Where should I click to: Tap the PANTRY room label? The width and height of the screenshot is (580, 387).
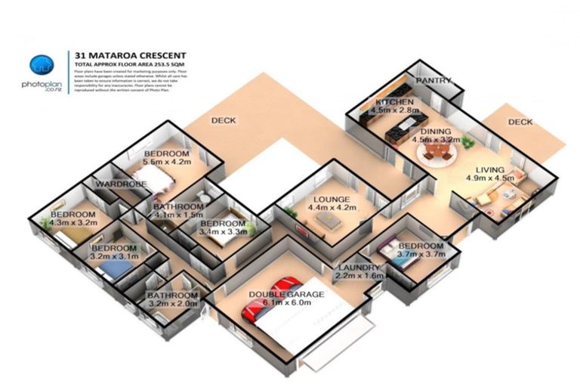433,81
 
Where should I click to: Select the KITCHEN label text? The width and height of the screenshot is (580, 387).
394,102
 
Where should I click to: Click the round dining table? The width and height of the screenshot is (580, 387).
437,155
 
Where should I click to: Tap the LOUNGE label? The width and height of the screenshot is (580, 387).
329,199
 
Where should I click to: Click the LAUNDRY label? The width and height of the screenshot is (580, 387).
359,268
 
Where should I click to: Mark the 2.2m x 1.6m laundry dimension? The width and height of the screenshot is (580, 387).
359,277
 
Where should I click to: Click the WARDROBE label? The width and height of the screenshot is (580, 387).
120,184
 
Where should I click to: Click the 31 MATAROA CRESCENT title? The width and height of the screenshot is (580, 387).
130,55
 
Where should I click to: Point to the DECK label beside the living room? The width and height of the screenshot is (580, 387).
520,122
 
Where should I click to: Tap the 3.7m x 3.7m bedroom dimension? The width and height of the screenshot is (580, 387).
421,255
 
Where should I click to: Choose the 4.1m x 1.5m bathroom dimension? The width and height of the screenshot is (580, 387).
178,215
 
